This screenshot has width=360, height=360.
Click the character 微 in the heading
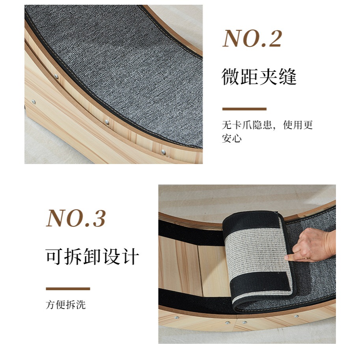(231, 76)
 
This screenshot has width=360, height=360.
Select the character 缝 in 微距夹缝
(288, 76)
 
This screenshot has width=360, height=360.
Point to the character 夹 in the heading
(269, 76)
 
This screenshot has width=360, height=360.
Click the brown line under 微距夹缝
(244, 109)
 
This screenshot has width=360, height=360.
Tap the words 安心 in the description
(232, 138)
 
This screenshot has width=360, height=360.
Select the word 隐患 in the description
(262, 125)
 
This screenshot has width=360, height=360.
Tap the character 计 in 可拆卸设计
(131, 256)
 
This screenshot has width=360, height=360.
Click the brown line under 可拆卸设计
(68, 289)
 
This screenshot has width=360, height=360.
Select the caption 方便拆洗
(66, 305)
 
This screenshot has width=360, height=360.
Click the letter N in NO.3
(56, 218)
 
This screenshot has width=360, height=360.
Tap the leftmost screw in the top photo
(34, 101)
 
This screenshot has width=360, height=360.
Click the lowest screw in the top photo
(164, 151)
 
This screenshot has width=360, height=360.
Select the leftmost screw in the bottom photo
(177, 317)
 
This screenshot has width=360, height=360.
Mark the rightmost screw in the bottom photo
(297, 316)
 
